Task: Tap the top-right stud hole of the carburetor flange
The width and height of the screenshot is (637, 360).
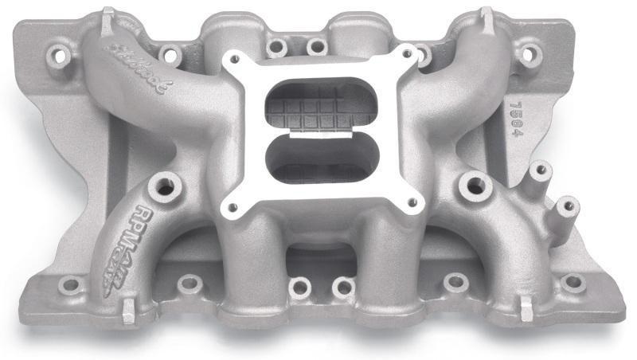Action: pos(408,55)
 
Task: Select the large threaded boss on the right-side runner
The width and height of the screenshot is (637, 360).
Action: pos(475,186)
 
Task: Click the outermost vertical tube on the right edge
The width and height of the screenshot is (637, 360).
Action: pos(567,206)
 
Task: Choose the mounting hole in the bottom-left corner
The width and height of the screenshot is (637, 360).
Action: pos(69,284)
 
